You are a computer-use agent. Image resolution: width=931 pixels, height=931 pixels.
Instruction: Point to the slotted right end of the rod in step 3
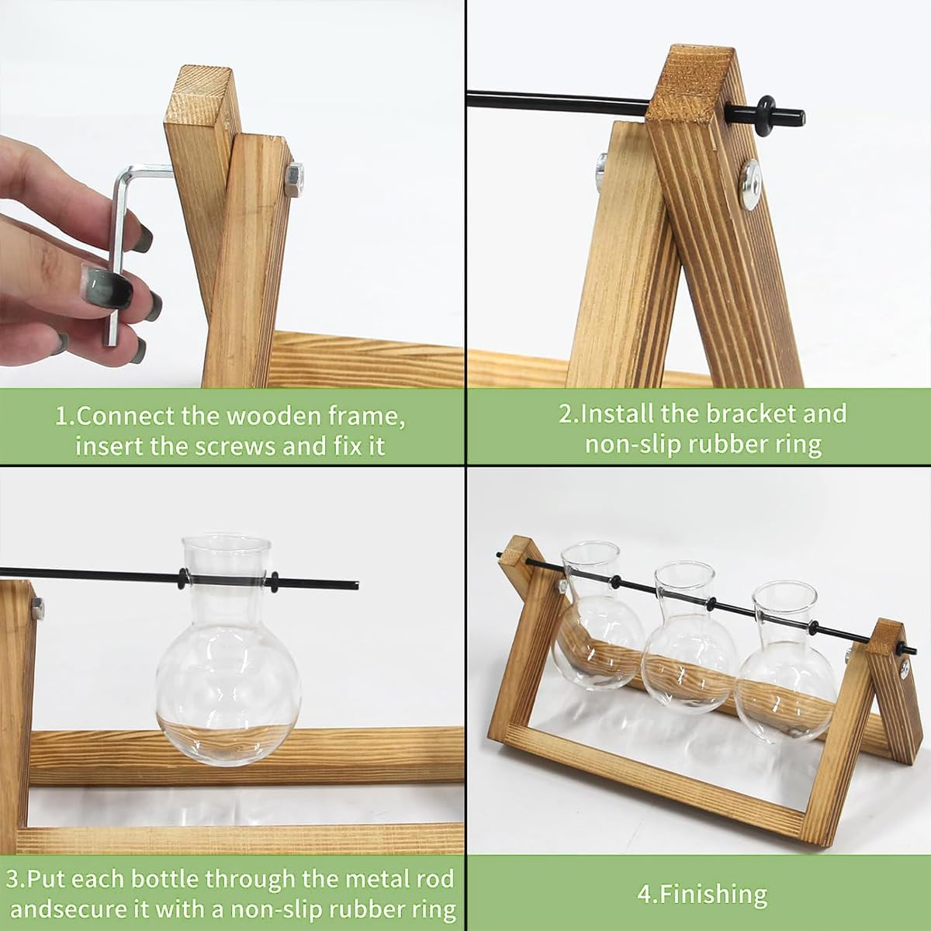click(x=353, y=584)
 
